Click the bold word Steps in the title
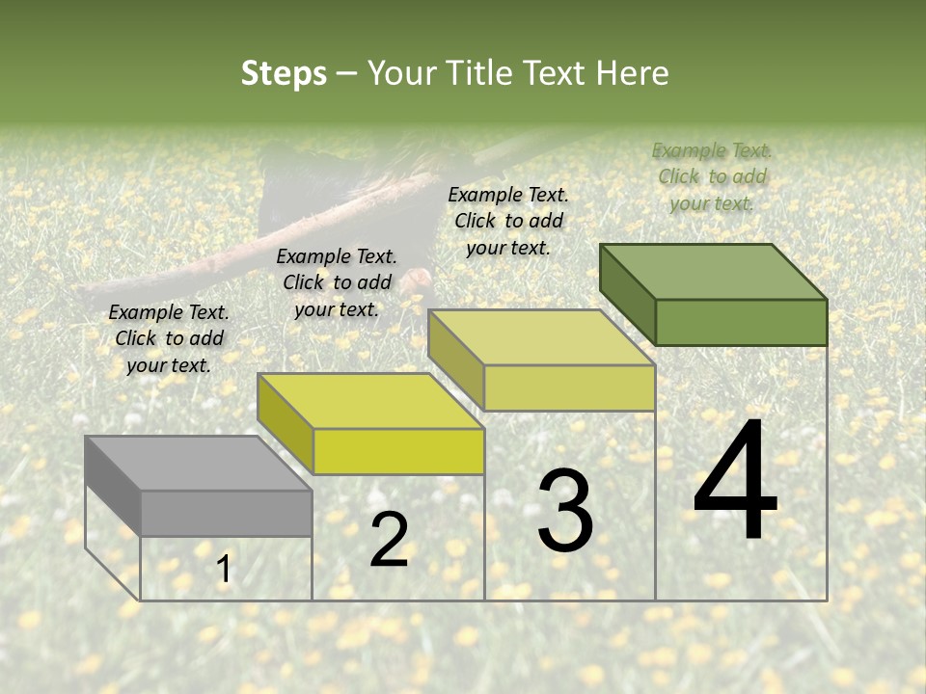pos(284,73)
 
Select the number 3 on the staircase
pos(565,511)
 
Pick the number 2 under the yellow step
pos(389,541)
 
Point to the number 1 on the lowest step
pos(224,570)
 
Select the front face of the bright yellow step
pos(398,451)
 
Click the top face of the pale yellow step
pos(541,337)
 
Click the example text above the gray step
pos(169,338)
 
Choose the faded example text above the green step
pos(712,176)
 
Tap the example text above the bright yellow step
pos(337,282)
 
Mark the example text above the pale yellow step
pos(508,221)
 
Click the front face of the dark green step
pos(741,322)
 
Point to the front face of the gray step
pos(226,513)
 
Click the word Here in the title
pos(633,73)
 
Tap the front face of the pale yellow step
pos(569,387)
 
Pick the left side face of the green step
pos(627,294)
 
